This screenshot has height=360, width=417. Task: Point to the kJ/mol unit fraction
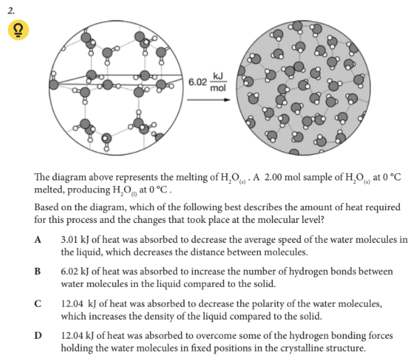[x=218, y=82]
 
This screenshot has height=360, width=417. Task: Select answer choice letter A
[x=38, y=240]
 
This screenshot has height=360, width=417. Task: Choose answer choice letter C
[x=38, y=304]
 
